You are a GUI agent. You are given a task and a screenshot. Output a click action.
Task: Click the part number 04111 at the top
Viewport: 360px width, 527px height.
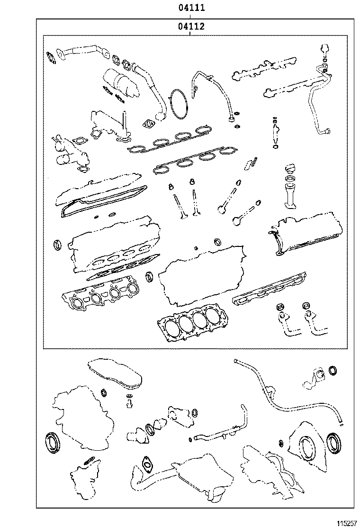point(191,8)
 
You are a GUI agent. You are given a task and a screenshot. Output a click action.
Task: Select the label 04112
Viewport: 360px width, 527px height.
point(191,27)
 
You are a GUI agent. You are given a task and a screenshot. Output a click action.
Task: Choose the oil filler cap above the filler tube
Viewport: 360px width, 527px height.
point(289,169)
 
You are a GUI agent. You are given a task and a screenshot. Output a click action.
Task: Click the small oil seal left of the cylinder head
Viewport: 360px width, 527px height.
point(58,245)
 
